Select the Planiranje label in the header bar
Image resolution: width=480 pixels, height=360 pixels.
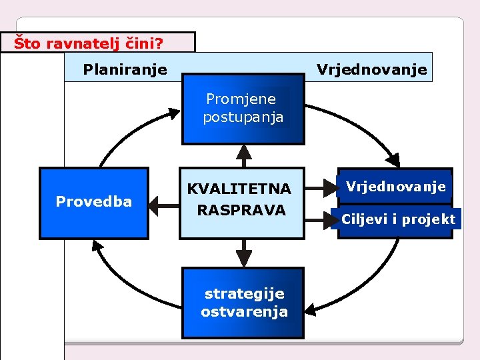point(125,69)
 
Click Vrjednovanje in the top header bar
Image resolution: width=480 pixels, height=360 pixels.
point(371,69)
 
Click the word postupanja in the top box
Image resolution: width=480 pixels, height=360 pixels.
point(243,117)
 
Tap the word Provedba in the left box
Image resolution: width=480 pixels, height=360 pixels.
point(94,201)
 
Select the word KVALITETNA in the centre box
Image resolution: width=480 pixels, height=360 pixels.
point(239,189)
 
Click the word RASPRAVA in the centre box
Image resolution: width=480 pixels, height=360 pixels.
point(241,210)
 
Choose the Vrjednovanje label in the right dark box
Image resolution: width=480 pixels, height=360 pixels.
point(396,187)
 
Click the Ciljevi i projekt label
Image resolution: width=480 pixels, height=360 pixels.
point(399,219)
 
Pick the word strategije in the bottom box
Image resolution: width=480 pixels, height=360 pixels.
point(244,293)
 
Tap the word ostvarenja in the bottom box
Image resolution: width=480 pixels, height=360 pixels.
point(244,311)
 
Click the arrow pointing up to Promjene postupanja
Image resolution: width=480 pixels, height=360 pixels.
point(243,155)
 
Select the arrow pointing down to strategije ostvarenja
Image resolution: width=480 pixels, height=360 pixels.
point(243,253)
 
